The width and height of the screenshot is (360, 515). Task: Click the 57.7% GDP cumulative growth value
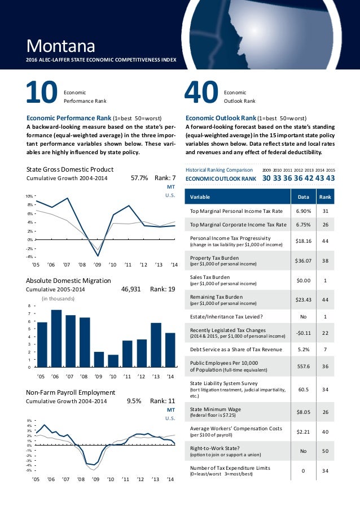pyautogui.click(x=139, y=178)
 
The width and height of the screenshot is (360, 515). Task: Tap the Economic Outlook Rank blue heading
pyautogui.click(x=221, y=118)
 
